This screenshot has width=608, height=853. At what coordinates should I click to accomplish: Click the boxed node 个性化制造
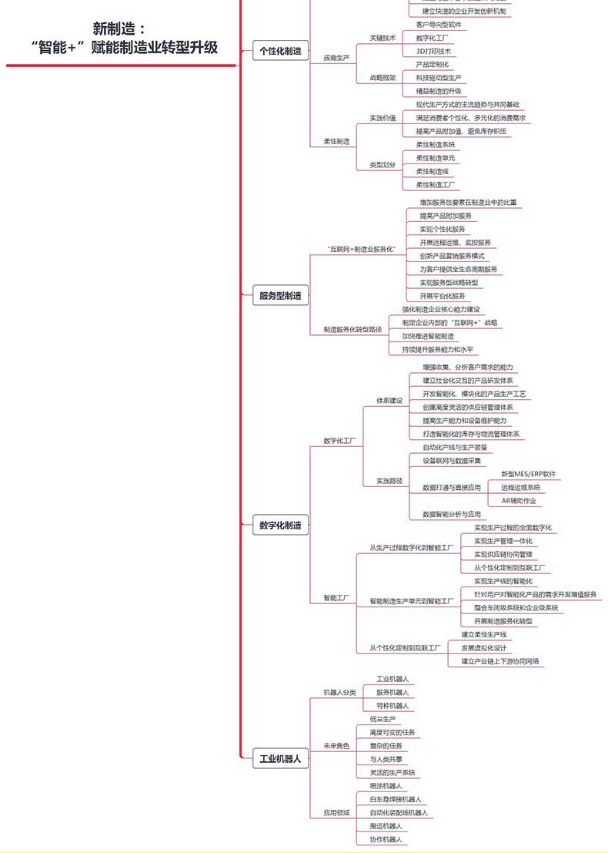281,52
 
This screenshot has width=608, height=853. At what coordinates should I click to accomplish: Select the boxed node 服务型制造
281,295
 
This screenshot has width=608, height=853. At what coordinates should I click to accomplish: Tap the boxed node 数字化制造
281,526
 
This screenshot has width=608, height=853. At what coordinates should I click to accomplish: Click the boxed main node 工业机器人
281,759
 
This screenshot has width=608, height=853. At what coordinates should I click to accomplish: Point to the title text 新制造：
119,29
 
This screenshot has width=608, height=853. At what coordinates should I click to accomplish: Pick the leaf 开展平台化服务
443,296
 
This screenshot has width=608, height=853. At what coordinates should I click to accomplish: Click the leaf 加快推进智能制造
428,336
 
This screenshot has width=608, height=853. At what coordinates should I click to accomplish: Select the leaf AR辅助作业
519,501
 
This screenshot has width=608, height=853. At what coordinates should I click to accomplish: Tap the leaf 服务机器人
393,693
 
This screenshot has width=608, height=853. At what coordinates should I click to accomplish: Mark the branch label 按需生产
336,58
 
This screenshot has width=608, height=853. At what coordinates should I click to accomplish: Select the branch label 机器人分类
339,692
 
